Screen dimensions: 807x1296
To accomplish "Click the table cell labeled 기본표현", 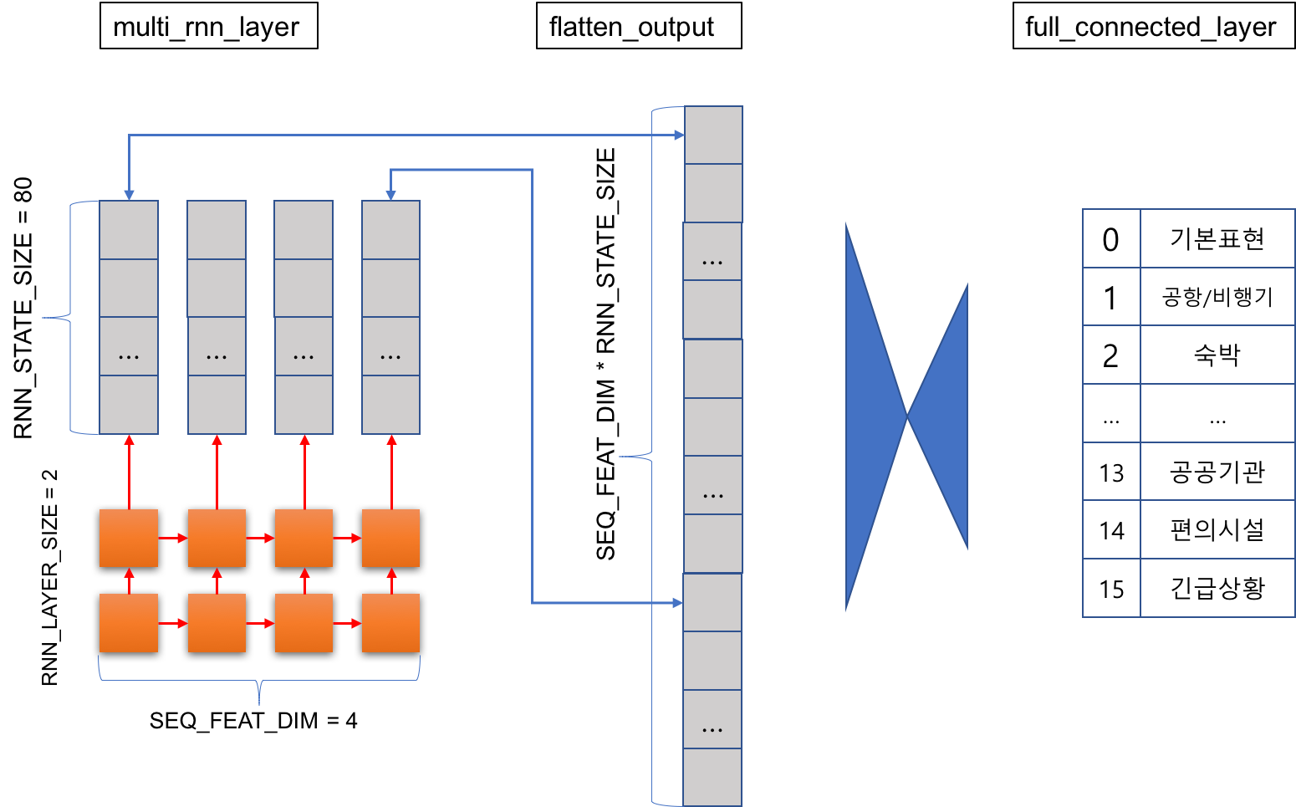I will [x=1217, y=239].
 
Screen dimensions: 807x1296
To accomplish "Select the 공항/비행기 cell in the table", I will [x=1217, y=297].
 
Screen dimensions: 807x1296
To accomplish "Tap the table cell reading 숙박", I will [x=1217, y=355].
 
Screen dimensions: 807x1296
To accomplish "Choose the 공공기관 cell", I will [x=1217, y=472].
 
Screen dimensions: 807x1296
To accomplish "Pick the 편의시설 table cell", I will [x=1217, y=530].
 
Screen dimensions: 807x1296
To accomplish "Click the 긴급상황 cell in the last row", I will [x=1217, y=589].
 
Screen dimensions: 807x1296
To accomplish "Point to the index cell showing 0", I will [x=1111, y=239].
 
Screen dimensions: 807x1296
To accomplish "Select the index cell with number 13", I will [x=1111, y=472].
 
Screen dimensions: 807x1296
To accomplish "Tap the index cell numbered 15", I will [x=1111, y=589].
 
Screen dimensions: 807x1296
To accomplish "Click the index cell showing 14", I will [x=1111, y=530].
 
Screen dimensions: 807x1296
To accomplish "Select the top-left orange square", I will [x=129, y=538].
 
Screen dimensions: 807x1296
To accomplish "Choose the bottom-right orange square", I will [x=390, y=623].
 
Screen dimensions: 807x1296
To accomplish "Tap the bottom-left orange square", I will [x=129, y=623].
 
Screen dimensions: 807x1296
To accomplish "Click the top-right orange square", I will [x=390, y=538].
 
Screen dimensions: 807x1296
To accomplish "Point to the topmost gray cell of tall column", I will [x=713, y=135].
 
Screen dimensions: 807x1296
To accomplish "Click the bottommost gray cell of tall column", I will [x=712, y=777].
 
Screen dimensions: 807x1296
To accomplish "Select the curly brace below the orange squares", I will [x=259, y=682].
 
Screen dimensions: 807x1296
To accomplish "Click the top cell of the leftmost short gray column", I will [x=129, y=230].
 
